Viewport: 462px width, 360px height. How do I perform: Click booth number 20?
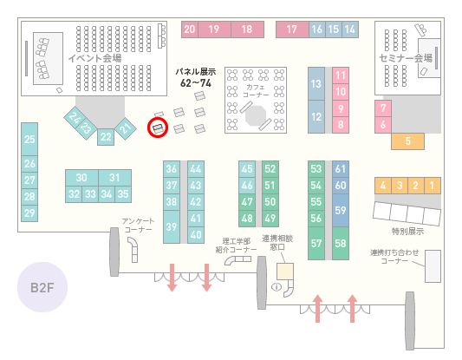pyautogui.click(x=190, y=29)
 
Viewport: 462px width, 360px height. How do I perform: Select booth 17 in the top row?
pyautogui.click(x=292, y=29)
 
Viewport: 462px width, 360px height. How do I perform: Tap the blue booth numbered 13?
pyautogui.click(x=316, y=84)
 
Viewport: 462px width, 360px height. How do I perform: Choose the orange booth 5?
pyautogui.click(x=407, y=141)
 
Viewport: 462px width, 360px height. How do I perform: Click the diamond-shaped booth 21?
pyautogui.click(x=126, y=128)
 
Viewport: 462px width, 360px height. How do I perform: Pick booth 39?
pyautogui.click(x=172, y=226)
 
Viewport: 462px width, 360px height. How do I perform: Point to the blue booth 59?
pyautogui.click(x=341, y=210)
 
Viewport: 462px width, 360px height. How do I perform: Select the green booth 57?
pyautogui.click(x=316, y=243)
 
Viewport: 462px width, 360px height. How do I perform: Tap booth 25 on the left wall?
pyautogui.click(x=29, y=139)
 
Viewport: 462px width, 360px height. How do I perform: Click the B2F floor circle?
pyautogui.click(x=42, y=287)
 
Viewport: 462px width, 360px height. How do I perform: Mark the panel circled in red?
pyautogui.click(x=158, y=128)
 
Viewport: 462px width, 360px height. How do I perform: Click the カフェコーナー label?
pyautogui.click(x=256, y=91)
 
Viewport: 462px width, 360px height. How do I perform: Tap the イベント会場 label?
pyautogui.click(x=94, y=58)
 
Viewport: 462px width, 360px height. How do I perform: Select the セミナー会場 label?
pyautogui.click(x=406, y=58)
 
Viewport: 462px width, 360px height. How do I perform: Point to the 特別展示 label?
pyautogui.click(x=407, y=231)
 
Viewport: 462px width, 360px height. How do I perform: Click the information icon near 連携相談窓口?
pyautogui.click(x=277, y=286)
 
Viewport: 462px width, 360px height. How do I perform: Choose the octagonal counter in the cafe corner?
pyautogui.click(x=256, y=115)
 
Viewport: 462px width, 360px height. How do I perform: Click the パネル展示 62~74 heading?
pyautogui.click(x=196, y=77)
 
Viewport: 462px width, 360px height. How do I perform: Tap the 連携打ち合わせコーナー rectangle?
pyautogui.click(x=433, y=266)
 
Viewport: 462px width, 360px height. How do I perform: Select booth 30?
pyautogui.click(x=81, y=178)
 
